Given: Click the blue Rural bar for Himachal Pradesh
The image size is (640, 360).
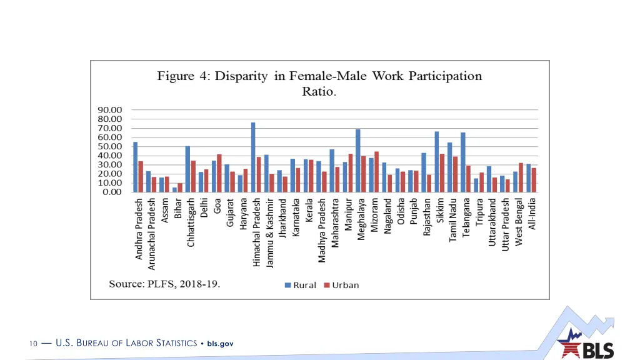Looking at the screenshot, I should (x=253, y=157).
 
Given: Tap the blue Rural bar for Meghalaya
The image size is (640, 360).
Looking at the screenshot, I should (x=358, y=161).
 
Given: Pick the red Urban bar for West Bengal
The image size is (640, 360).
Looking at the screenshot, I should (x=521, y=177).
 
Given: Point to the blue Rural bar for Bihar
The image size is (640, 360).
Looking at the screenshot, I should (x=175, y=189).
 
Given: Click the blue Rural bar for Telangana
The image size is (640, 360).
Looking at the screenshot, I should (x=463, y=162).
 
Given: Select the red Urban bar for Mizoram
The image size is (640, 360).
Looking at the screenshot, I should (x=376, y=172).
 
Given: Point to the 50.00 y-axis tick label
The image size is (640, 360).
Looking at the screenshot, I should (x=109, y=147).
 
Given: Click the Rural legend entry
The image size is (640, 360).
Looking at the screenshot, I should (x=301, y=285).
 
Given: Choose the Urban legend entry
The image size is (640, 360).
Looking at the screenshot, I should (x=341, y=285).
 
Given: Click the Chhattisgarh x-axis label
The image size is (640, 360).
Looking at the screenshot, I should (x=191, y=222).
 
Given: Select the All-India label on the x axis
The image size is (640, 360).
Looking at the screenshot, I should (x=532, y=214).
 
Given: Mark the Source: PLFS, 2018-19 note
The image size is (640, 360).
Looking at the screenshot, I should (x=164, y=284).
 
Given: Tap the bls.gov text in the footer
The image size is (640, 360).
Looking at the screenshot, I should (x=220, y=343).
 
